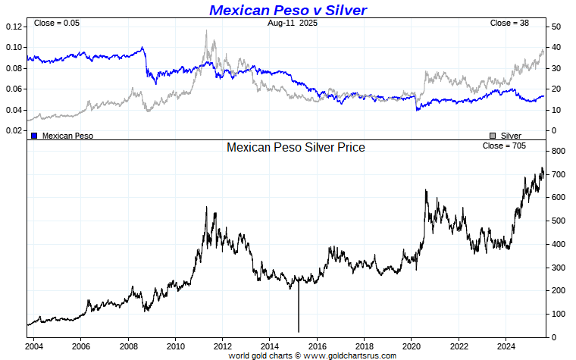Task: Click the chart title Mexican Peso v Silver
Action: (288, 10)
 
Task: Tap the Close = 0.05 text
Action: (56, 23)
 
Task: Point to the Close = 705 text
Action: (504, 145)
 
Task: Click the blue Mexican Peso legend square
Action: (34, 135)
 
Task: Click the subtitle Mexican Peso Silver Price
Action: (296, 147)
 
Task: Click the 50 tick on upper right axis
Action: (556, 27)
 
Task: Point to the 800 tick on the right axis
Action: (558, 152)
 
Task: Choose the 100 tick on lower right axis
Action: (558, 314)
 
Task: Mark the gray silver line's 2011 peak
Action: (205, 32)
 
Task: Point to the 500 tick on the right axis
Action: (558, 221)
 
